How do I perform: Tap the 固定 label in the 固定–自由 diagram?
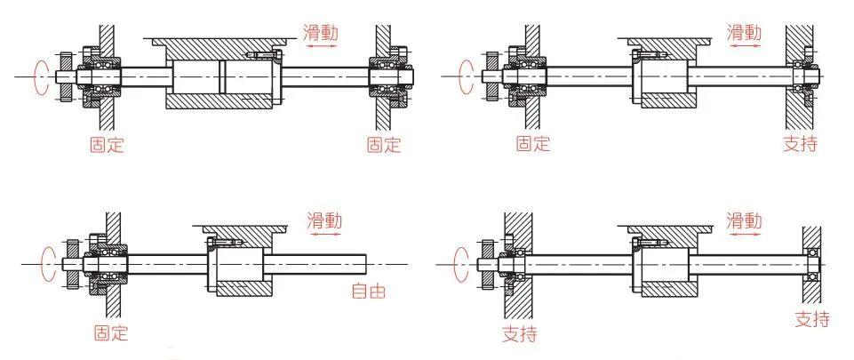tap(111, 333)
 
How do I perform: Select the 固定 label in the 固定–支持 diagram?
tap(533, 144)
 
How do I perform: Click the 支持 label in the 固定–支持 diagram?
tap(800, 143)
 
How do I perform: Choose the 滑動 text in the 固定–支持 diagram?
tap(745, 33)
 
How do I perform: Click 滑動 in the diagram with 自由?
tap(323, 221)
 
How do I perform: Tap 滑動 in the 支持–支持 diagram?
tap(745, 220)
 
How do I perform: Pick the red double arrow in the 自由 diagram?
tap(323, 236)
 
